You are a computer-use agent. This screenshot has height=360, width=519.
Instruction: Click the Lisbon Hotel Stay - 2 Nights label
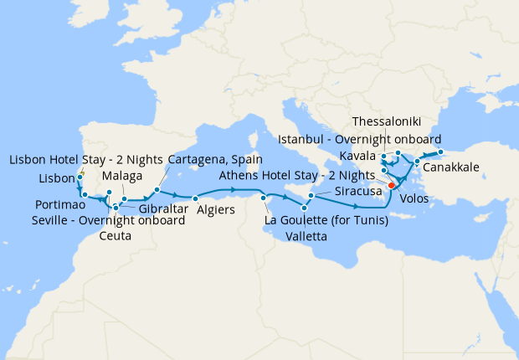[85, 159]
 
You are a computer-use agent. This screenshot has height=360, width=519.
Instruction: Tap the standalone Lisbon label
[57, 179]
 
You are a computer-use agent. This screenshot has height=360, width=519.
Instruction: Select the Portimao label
[59, 205]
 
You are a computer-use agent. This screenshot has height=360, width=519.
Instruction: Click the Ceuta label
[115, 236]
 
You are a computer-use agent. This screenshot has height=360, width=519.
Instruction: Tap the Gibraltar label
[163, 208]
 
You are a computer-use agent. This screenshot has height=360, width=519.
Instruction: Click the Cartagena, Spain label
[215, 159]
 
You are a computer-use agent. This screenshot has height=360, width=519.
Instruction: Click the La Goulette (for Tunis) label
[325, 221]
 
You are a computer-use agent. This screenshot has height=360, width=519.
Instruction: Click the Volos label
[414, 198]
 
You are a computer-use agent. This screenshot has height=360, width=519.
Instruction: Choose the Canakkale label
[451, 168]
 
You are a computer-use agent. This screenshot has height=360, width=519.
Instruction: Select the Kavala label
[358, 157]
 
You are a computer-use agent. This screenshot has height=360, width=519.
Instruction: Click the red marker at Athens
[391, 187]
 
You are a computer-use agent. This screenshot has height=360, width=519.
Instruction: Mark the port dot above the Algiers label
[195, 198]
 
